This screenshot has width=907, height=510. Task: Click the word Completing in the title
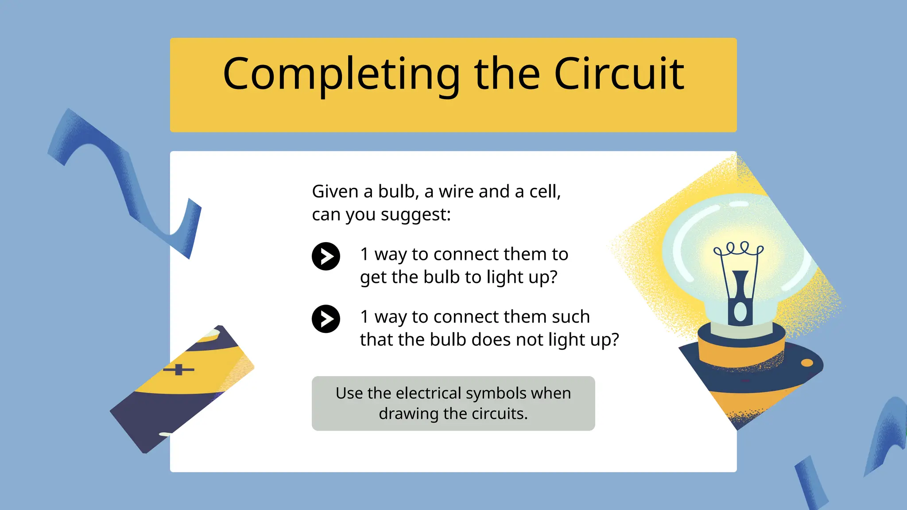(341, 74)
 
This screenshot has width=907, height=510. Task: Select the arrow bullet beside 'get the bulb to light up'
(326, 256)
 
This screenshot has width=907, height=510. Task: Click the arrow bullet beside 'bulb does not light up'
(326, 319)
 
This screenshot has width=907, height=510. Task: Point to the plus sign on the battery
(178, 369)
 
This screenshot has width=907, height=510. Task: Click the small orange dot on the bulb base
(807, 363)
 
